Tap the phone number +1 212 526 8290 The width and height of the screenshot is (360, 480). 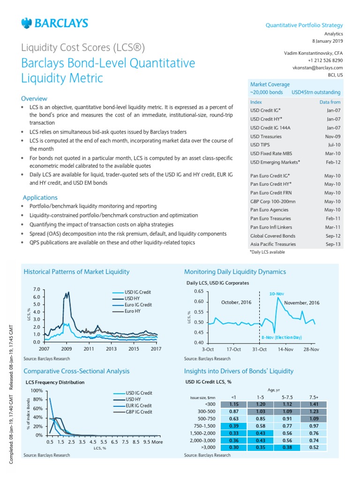point(325,60)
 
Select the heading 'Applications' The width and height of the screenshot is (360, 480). point(40,198)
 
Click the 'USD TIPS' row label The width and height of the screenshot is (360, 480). point(260,145)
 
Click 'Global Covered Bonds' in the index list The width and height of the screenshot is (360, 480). point(273,236)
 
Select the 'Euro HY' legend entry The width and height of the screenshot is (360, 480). point(134,311)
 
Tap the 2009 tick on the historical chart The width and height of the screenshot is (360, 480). point(66,349)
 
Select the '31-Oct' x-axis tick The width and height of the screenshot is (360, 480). point(259,349)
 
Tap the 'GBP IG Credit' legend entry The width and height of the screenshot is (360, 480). point(138,412)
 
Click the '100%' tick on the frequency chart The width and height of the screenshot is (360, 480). point(36,390)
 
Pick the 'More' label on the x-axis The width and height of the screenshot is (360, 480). point(157,442)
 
